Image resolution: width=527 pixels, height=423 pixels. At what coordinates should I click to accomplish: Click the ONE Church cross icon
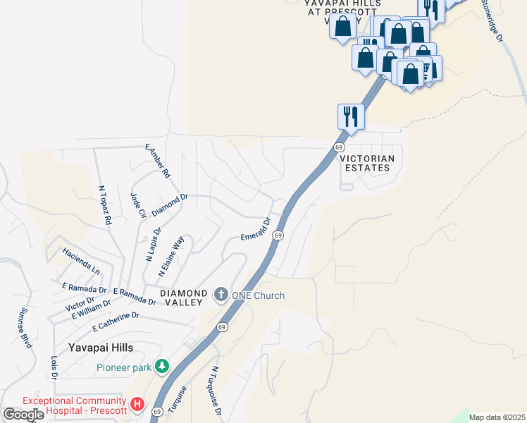click(221, 294)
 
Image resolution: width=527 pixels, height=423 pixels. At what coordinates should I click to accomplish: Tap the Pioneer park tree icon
click(163, 367)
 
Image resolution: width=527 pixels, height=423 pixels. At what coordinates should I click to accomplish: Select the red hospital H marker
click(137, 405)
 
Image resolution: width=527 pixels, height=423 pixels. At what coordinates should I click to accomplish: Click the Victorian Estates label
click(365, 164)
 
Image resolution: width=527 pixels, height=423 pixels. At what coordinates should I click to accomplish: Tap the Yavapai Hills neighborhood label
click(101, 348)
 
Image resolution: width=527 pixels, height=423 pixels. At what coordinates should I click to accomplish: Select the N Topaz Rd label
click(106, 205)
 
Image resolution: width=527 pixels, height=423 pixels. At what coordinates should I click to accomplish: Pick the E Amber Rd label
click(158, 161)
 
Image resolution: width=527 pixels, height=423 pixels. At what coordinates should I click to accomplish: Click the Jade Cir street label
click(137, 206)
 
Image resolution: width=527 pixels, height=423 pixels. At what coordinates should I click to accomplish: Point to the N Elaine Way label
click(171, 255)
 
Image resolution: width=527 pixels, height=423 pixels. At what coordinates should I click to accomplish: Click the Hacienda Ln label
click(81, 260)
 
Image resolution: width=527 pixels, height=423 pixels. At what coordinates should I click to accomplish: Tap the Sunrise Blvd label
click(26, 328)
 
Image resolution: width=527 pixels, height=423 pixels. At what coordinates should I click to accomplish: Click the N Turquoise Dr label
click(217, 391)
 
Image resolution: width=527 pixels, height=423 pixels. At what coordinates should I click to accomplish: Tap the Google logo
click(23, 415)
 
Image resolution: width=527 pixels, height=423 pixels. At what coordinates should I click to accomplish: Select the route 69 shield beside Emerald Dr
click(278, 235)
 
